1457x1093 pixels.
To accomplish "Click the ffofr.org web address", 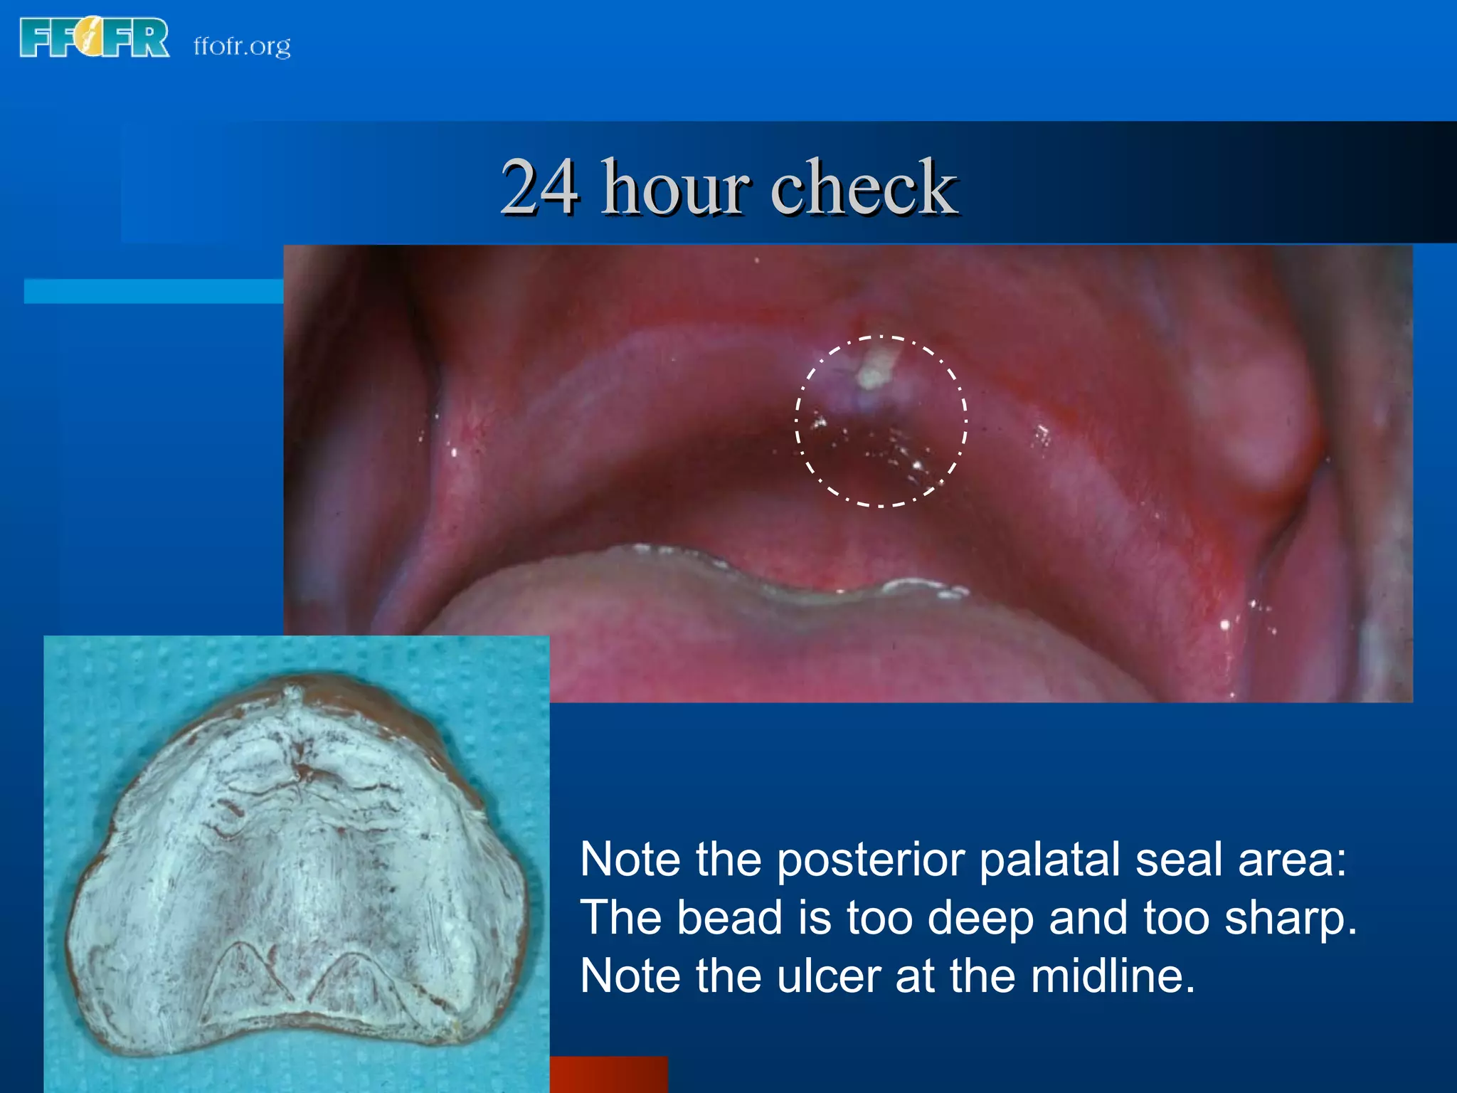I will tap(242, 46).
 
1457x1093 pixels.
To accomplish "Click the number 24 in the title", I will tap(539, 186).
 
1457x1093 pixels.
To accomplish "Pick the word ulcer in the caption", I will tap(829, 976).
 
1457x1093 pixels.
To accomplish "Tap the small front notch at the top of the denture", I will tap(290, 692).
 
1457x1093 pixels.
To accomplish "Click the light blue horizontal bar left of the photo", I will tap(153, 291).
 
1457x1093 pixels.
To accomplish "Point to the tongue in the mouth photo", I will tap(783, 640).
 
